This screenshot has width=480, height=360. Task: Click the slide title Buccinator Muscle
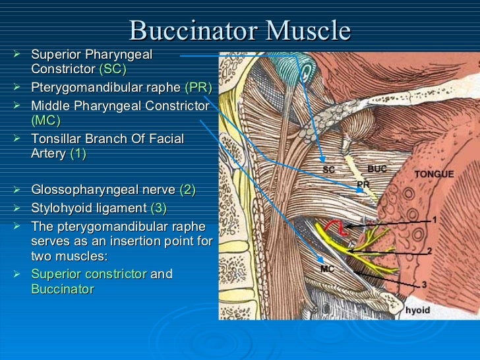point(240,30)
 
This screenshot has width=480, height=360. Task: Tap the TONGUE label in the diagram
point(433,174)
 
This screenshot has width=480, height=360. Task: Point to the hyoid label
point(417,310)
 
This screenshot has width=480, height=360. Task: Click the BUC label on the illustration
point(378,169)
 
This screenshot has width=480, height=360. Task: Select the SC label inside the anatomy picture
point(328,169)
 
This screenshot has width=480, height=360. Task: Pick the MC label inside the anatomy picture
point(328,269)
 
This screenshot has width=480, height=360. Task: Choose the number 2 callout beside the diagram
point(429,251)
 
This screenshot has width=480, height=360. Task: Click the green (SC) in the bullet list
point(112,69)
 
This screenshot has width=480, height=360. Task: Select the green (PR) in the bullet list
point(198,88)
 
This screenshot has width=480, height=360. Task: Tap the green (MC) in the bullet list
point(45,120)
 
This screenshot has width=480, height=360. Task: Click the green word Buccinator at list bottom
point(63,289)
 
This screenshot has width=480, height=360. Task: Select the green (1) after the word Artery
point(78,154)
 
